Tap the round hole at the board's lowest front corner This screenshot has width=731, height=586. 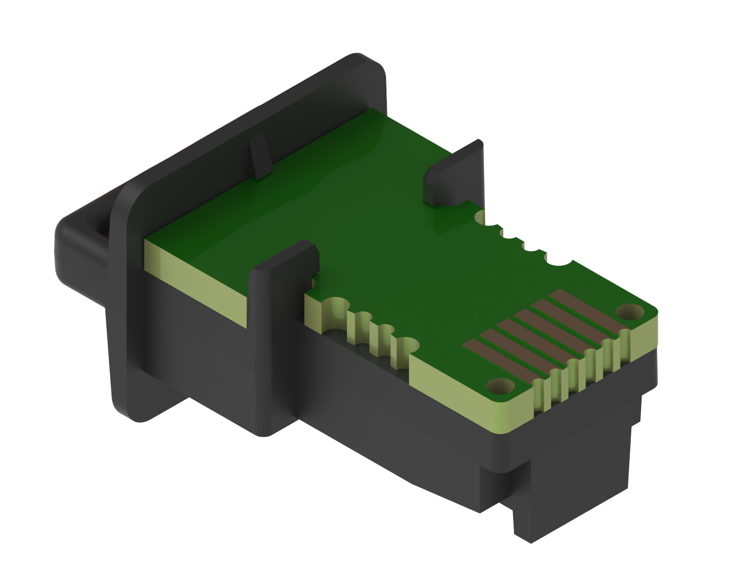pos(499,386)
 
